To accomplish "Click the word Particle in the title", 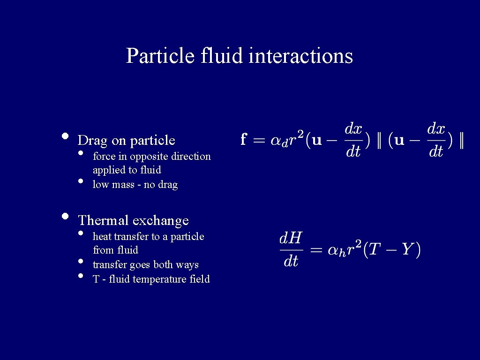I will click(x=160, y=56).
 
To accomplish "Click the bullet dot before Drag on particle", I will click(x=65, y=137).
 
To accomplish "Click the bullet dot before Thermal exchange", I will click(x=65, y=217).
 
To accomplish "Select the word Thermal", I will click(x=103, y=220).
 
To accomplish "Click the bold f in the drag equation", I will click(x=244, y=139).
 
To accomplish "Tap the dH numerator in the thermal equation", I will click(x=291, y=238).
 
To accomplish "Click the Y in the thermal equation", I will click(x=406, y=249).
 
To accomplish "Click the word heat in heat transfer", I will click(x=102, y=236).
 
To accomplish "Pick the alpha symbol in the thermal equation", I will click(x=333, y=250).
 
